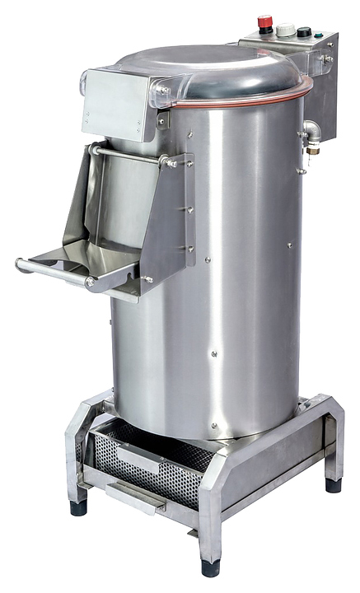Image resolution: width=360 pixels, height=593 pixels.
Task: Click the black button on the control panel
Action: (304, 33)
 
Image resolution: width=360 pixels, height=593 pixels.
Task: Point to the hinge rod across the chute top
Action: (132, 154)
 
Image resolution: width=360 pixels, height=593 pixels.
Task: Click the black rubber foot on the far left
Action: (78, 507)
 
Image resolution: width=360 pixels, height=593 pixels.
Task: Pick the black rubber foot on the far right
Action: (333, 484)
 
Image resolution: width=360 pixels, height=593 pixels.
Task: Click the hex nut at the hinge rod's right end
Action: (171, 162)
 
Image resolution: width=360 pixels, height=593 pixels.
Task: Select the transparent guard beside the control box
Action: (309, 82)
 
